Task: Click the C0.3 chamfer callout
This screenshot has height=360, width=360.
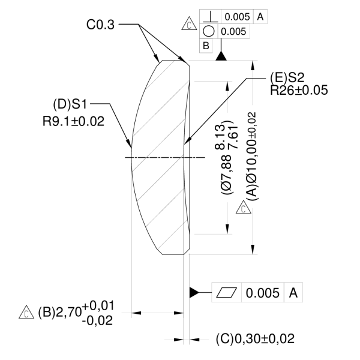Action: (100, 25)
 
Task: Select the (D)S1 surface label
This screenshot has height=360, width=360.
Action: (70, 104)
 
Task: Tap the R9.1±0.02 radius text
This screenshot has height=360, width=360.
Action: (73, 121)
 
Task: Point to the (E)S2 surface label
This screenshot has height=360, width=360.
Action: (287, 77)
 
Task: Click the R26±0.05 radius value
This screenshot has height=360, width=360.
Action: (299, 90)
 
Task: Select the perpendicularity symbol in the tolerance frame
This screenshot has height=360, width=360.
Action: (211, 17)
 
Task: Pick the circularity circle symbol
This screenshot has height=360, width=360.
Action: (209, 31)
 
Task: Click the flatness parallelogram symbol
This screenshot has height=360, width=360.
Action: (227, 293)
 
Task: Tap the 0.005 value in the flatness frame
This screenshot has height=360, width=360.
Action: (263, 293)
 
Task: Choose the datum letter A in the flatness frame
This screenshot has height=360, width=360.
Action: (293, 293)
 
